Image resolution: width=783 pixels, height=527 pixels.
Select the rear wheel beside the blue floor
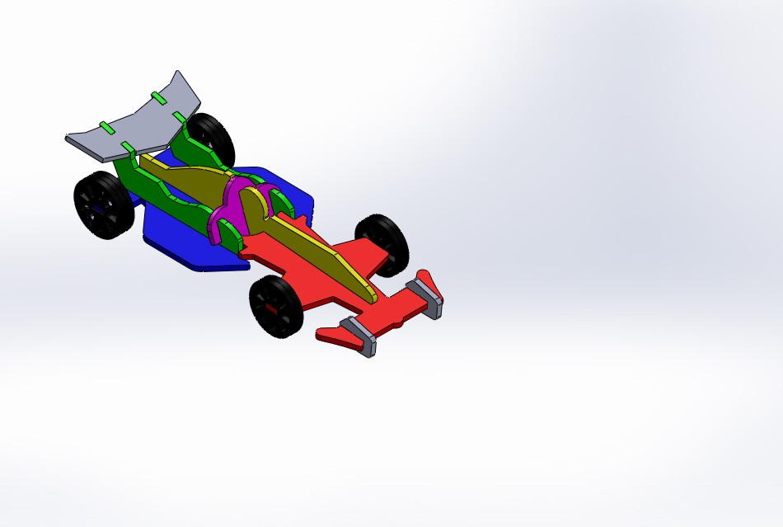[x=104, y=205]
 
